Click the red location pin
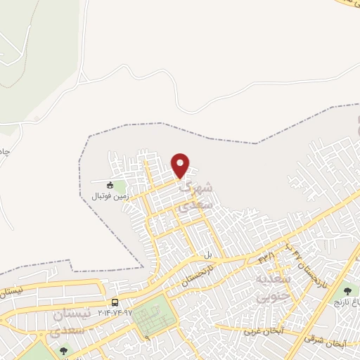(x=181, y=165)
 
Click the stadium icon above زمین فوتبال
(x=110, y=185)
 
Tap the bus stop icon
(x=115, y=303)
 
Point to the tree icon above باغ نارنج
(x=346, y=290)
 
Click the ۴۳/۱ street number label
(x=266, y=259)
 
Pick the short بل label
(x=207, y=255)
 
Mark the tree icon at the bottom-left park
(x=64, y=349)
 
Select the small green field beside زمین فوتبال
(x=120, y=188)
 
